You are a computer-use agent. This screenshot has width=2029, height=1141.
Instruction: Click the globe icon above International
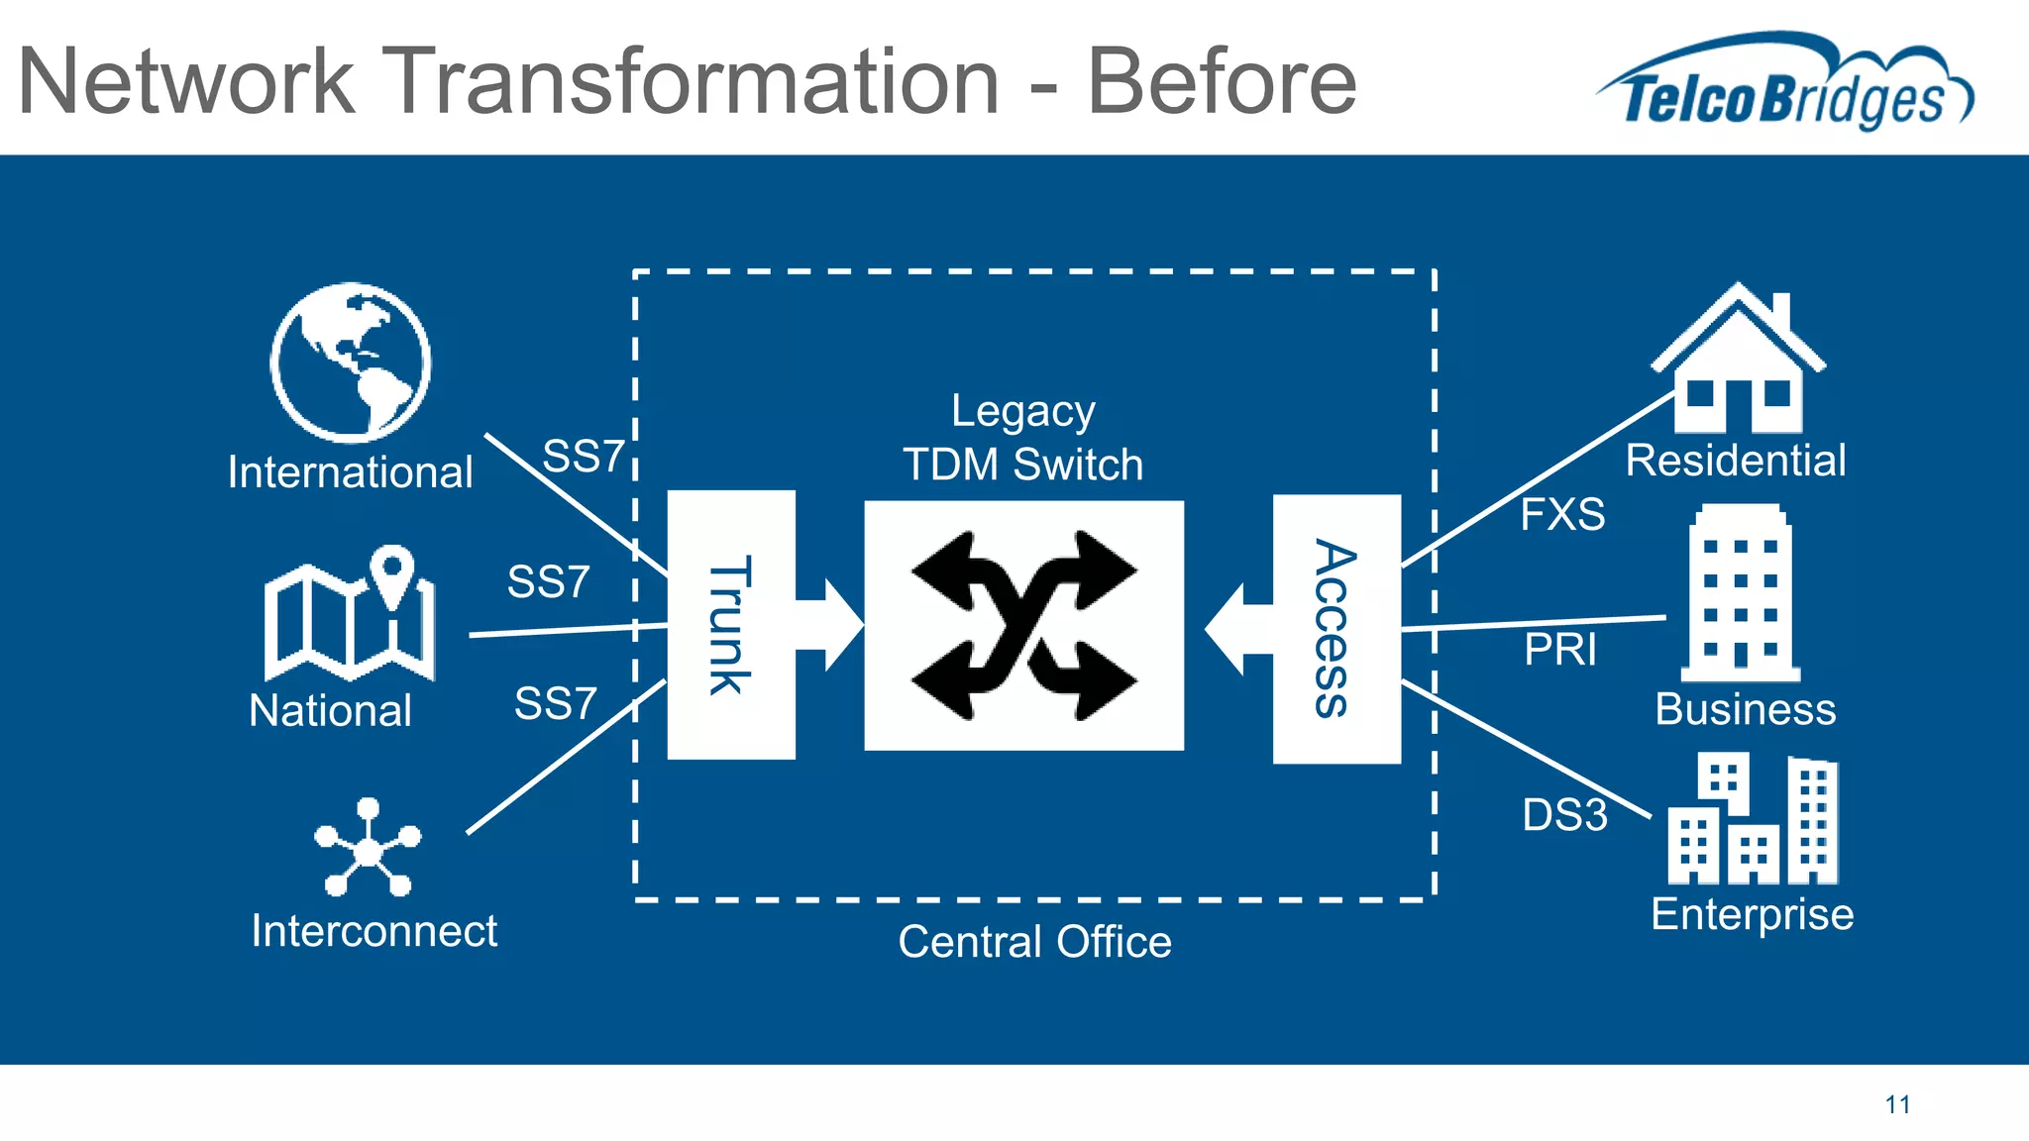[350, 363]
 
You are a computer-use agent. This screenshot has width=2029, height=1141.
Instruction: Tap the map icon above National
[349, 616]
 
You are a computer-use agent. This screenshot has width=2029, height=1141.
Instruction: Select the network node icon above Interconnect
[368, 848]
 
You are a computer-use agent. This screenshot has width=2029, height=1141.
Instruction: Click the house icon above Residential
[1738, 362]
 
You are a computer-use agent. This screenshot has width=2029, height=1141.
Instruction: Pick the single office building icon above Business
[1741, 594]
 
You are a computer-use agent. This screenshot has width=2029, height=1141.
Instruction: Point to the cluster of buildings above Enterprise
[1752, 820]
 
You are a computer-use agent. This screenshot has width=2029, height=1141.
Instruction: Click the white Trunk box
[731, 624]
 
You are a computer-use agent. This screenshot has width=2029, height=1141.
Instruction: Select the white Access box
[1336, 629]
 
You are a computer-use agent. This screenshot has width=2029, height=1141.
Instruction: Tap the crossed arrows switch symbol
[1023, 625]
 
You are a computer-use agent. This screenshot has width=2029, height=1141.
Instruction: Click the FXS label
[1562, 515]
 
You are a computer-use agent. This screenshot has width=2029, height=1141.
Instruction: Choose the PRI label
[1560, 651]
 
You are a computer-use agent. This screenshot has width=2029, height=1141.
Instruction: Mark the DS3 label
[1564, 815]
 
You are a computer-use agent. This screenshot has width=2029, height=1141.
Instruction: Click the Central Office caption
[1034, 941]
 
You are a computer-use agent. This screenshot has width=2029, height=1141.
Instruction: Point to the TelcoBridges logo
[1784, 84]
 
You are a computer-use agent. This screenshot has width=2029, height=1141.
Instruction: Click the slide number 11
[1897, 1104]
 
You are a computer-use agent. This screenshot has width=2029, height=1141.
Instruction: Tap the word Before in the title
[1222, 82]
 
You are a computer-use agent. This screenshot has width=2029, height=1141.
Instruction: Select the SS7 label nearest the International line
[584, 457]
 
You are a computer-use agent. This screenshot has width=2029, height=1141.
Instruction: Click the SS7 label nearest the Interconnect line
[555, 704]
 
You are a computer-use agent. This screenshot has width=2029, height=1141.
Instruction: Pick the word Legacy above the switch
[1022, 412]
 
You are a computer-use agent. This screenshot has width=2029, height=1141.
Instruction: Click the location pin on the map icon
[393, 571]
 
